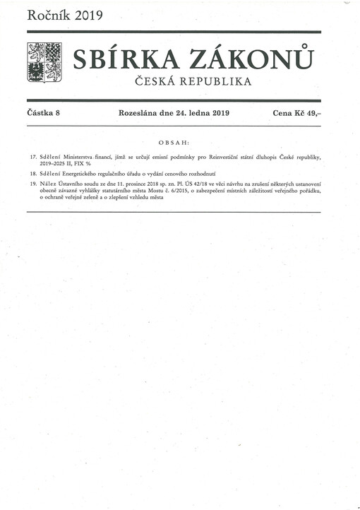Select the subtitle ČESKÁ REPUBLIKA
click(193, 82)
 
